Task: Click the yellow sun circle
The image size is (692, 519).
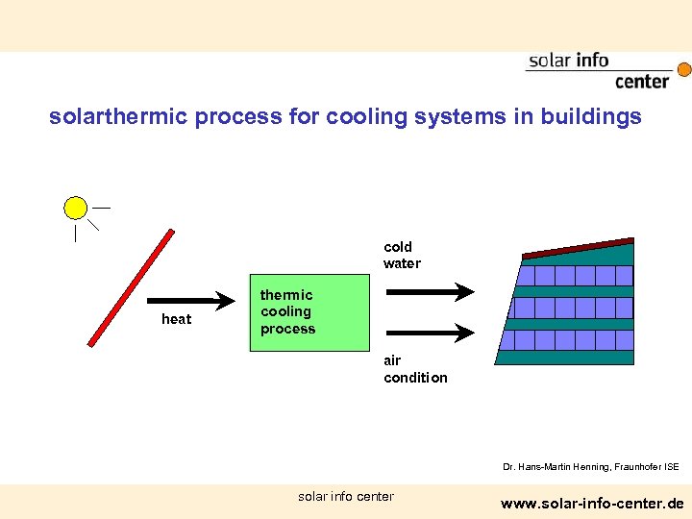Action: tap(75, 208)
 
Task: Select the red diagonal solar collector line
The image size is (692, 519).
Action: tap(131, 287)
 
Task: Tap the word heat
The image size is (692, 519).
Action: tap(176, 319)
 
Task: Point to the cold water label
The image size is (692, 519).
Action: tap(402, 255)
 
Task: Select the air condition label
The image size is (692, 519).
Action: tap(415, 369)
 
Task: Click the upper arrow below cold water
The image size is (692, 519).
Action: tap(430, 291)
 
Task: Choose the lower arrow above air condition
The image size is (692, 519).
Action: tap(430, 333)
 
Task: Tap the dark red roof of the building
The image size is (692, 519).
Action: tap(578, 247)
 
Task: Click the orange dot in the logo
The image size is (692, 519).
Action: tap(684, 69)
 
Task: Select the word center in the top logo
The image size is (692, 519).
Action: tap(641, 82)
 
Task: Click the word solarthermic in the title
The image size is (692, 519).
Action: tap(118, 117)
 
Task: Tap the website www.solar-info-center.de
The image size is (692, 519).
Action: tap(592, 503)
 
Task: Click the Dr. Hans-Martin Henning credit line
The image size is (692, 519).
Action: tap(590, 467)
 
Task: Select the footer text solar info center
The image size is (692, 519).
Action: tap(346, 496)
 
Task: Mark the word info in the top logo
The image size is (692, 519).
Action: tap(592, 61)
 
